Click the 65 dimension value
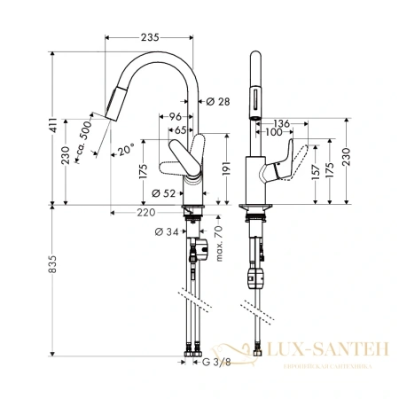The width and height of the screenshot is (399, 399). (180, 129)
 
